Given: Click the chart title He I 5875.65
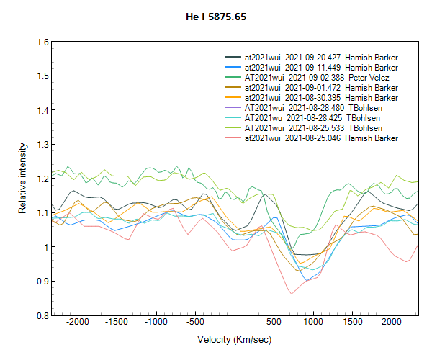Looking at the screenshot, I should click(x=215, y=15).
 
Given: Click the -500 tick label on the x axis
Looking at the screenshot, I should click(x=194, y=322).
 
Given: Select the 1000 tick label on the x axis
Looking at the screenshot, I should click(x=312, y=322).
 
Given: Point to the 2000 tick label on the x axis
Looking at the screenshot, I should click(x=391, y=322).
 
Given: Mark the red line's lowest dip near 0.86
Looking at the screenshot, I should click(x=291, y=294).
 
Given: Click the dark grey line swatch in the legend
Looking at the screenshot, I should click(x=233, y=57).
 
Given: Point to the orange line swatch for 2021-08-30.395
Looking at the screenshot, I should click(x=233, y=97).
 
